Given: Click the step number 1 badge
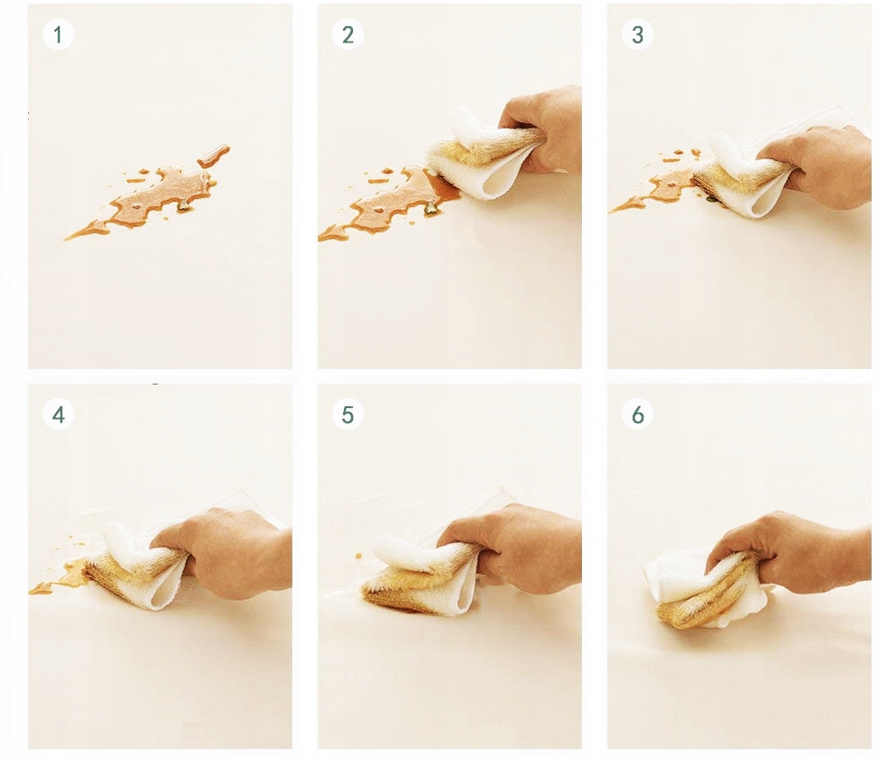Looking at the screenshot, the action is point(58,34).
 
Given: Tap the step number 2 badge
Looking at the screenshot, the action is point(348,34).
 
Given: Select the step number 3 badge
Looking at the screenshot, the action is point(637,34).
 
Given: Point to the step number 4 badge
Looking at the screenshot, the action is point(58,414).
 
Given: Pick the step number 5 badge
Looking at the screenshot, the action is point(348,414).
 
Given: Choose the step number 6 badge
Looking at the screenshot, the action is point(637,414).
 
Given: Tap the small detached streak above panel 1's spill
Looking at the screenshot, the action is point(214,156).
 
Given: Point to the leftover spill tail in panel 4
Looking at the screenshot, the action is point(60,577).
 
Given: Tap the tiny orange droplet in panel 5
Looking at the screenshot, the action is point(358,556).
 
